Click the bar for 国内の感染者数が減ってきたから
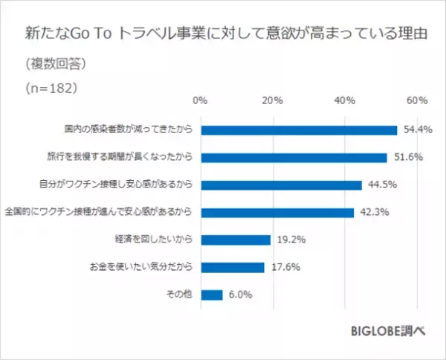(x=298, y=129)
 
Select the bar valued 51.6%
(x=294, y=157)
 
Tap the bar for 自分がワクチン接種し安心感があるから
(x=281, y=184)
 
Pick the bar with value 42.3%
(x=277, y=212)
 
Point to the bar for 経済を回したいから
(x=235, y=240)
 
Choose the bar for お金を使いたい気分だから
(x=232, y=267)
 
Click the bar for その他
(x=211, y=295)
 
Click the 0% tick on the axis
(x=200, y=100)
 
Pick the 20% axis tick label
(x=272, y=100)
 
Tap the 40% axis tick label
(x=344, y=100)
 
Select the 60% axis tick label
(x=416, y=100)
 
